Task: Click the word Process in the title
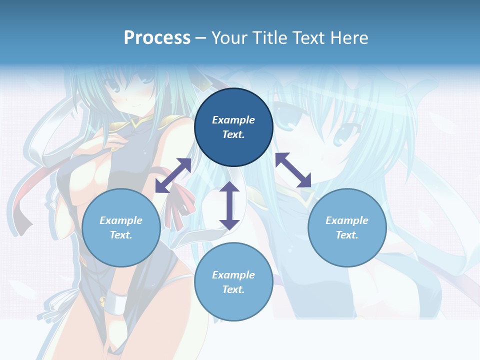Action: coord(157,37)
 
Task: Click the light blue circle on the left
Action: coord(121,227)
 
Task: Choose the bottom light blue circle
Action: coord(233,282)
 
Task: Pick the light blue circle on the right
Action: coord(347,227)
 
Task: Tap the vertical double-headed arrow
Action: coord(229,205)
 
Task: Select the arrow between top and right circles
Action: coord(293,170)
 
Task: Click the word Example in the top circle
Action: coord(233,120)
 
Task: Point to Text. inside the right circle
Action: coord(347,235)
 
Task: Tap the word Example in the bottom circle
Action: coord(233,275)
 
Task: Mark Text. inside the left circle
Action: coord(121,235)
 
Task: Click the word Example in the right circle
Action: coord(347,220)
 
